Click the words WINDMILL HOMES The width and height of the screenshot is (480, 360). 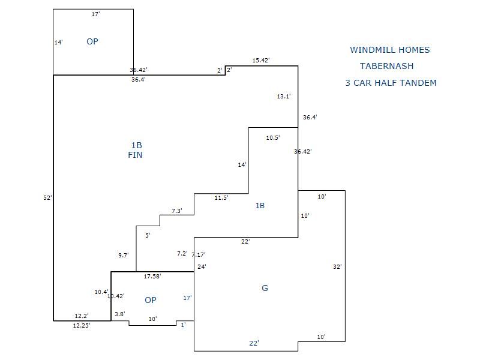click(390, 50)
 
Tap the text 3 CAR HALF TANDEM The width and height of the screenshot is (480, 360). click(391, 83)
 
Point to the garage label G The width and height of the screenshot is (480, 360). click(265, 288)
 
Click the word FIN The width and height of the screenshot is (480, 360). click(135, 155)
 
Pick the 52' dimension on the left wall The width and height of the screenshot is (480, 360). click(47, 197)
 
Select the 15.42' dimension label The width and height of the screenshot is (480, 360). click(261, 61)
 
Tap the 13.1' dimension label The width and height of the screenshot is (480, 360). click(284, 97)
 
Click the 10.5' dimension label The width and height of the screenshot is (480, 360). click(273, 138)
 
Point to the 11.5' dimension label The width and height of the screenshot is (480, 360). click(221, 198)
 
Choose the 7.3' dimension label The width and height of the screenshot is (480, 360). click(177, 211)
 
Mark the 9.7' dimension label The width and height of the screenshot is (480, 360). click(124, 256)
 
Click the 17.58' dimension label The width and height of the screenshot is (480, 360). click(152, 277)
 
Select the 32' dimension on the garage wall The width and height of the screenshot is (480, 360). click(337, 266)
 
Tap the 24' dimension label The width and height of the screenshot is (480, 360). click(202, 266)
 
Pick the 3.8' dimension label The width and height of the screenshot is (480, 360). click(120, 314)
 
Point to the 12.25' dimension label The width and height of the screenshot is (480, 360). click(82, 326)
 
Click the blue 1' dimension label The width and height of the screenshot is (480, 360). click(183, 325)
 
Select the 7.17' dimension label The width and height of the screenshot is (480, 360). click(199, 255)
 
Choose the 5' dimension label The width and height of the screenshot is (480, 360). click(148, 236)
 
